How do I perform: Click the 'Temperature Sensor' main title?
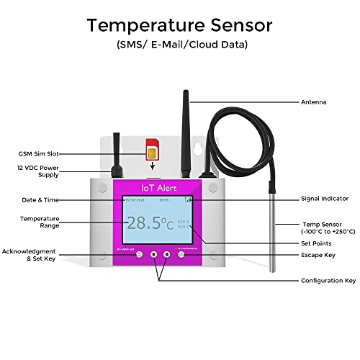coord(179,25)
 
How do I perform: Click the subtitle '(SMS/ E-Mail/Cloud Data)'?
coord(179,45)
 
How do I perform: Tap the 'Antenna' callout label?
coord(313,102)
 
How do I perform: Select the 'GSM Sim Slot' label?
coord(37,153)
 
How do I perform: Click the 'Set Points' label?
coord(316,243)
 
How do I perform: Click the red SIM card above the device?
coord(151,148)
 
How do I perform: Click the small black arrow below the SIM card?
coord(151,166)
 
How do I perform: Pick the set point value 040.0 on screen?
coord(184,227)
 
